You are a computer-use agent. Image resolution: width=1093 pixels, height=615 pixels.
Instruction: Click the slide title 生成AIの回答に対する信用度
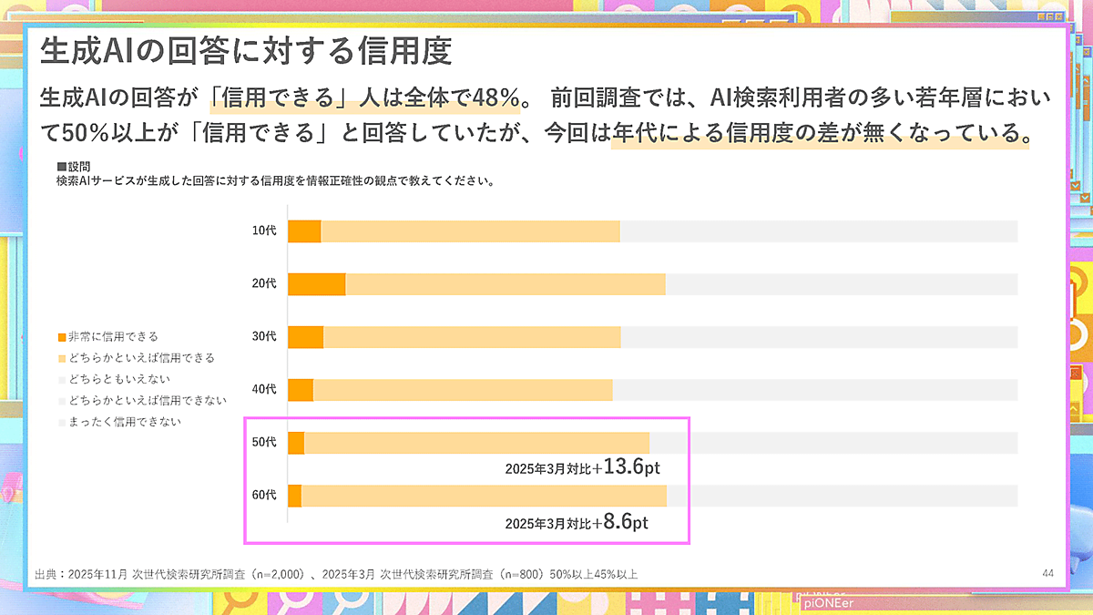pos(246,51)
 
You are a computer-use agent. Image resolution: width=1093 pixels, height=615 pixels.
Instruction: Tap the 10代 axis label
pos(263,231)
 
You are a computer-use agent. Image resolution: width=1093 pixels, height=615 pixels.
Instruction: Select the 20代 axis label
pos(263,284)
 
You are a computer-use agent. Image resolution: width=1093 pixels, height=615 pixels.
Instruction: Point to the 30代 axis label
pos(263,337)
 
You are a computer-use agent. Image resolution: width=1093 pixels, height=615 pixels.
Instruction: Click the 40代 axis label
pos(263,390)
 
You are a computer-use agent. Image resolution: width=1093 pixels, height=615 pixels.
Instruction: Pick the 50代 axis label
pos(263,443)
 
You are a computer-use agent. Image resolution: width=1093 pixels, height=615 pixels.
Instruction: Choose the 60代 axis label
pos(263,496)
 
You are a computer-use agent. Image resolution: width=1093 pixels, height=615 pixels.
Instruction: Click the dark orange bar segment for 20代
pos(316,284)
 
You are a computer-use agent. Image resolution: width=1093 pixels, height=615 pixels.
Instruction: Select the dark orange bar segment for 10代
pos(304,231)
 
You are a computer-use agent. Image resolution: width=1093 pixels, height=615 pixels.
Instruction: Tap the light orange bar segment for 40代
pos(463,390)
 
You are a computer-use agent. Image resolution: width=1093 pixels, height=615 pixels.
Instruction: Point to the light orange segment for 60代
pos(484,496)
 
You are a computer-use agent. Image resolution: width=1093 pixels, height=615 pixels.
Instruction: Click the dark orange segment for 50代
pos(296,443)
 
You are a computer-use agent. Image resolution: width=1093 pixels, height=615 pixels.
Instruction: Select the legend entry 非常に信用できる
pos(112,337)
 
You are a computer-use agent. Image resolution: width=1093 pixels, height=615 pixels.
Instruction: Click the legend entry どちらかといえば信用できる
pos(140,358)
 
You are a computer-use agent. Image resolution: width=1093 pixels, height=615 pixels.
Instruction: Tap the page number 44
pos(1047,573)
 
